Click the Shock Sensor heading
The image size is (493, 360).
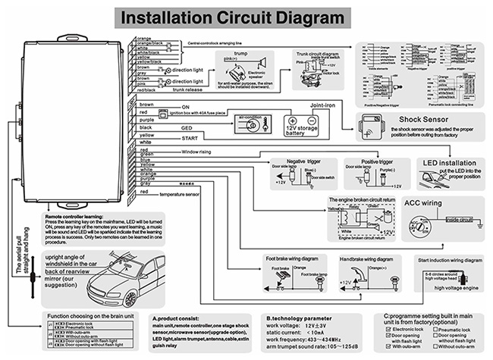pos(418,118)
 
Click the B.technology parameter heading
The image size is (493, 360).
pos(300,319)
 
